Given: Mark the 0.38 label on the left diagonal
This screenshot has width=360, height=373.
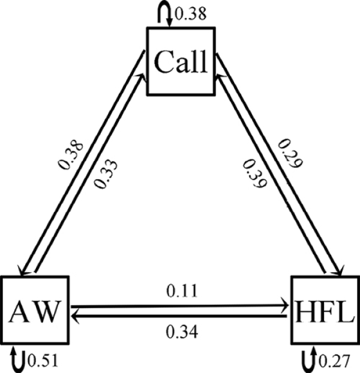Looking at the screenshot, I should coord(74,152).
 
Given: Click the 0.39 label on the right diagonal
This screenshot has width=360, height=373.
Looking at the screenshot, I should coord(253,174).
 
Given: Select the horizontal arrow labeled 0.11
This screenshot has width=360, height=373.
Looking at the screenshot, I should coord(179,306).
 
